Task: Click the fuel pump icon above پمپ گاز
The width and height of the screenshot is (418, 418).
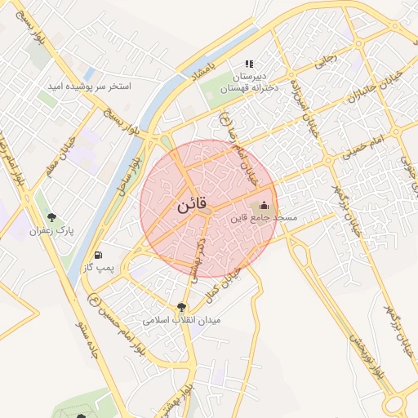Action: (99, 254)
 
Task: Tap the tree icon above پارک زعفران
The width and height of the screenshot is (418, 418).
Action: (52, 218)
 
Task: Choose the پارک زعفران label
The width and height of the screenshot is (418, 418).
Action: (51, 231)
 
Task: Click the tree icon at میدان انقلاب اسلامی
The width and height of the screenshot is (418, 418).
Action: (180, 308)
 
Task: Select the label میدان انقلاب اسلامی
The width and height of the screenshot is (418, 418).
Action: (182, 321)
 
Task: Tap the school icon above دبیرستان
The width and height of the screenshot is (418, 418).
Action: (249, 64)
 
